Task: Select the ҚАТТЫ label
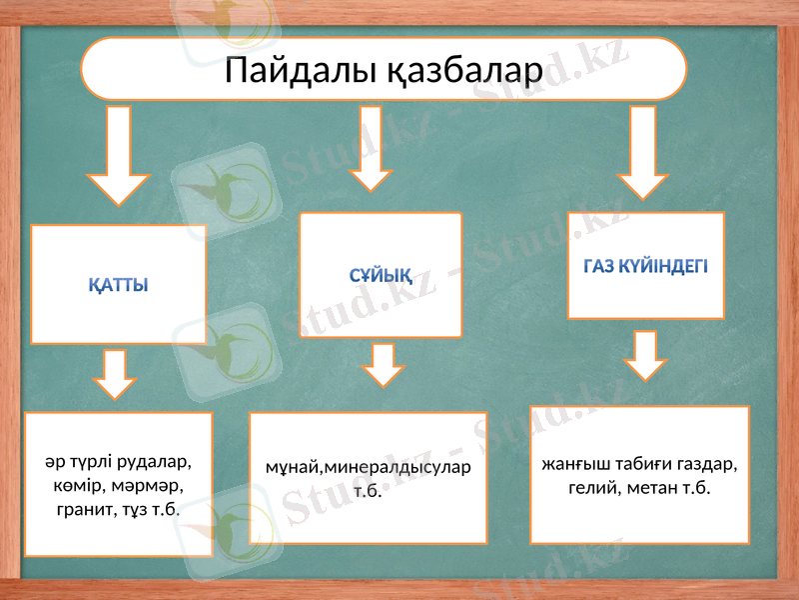(118, 285)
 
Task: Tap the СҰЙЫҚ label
(383, 274)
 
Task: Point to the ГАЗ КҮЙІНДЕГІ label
(645, 266)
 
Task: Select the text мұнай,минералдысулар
(368, 467)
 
